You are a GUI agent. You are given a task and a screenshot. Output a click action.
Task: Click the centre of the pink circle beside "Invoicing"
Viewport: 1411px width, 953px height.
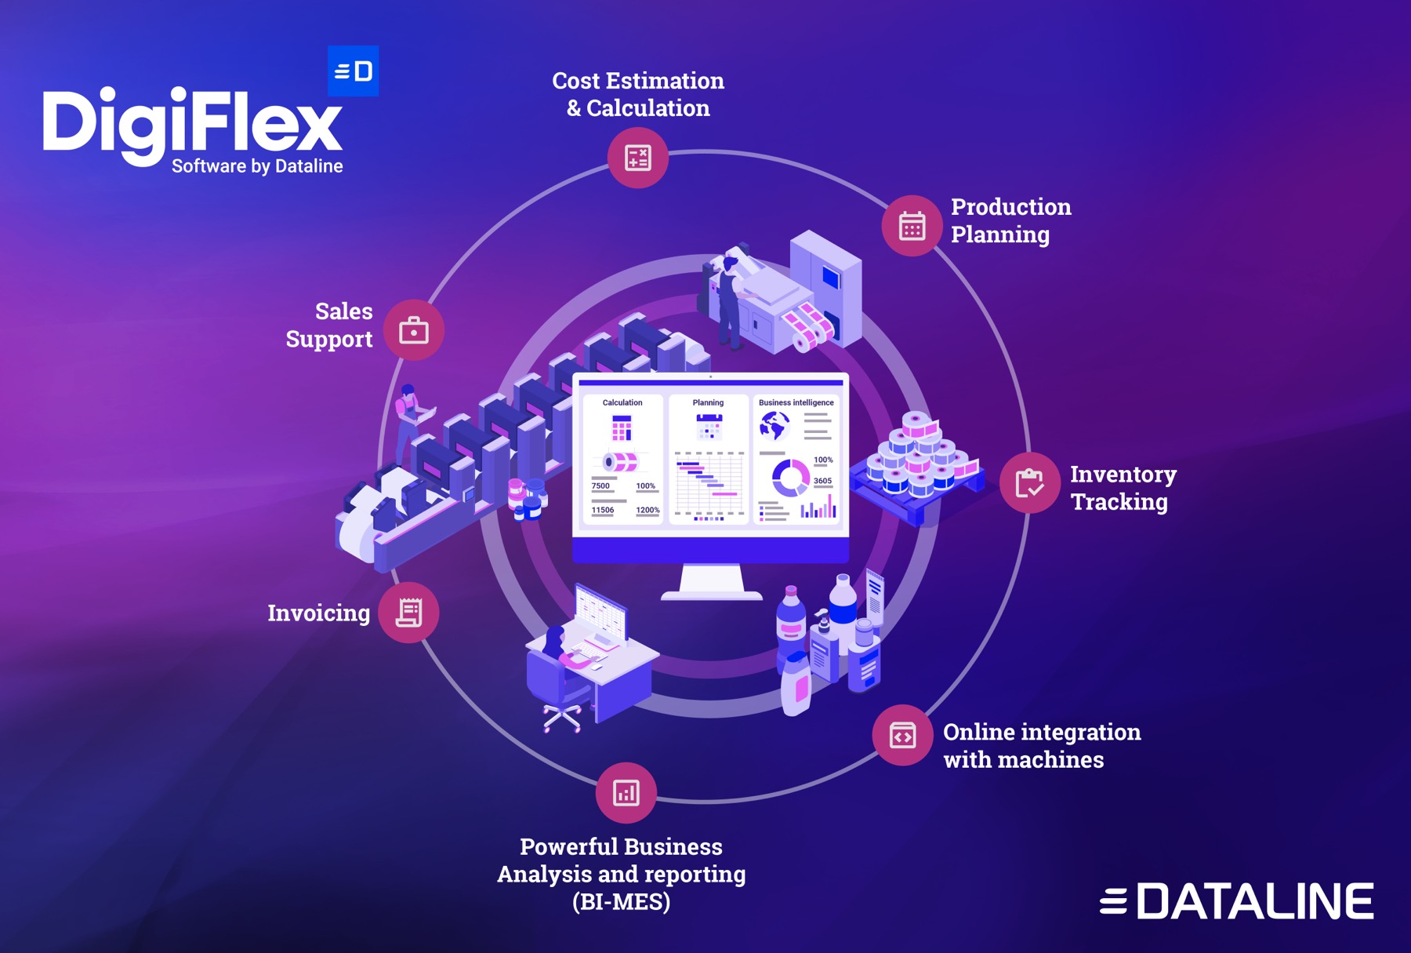click(x=408, y=613)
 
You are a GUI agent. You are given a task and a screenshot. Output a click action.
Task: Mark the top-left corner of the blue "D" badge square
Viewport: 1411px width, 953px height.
click(x=328, y=45)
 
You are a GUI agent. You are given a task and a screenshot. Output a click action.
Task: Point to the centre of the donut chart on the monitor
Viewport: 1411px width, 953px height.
click(x=790, y=478)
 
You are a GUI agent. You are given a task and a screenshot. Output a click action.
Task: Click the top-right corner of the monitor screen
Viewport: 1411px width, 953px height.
click(x=849, y=373)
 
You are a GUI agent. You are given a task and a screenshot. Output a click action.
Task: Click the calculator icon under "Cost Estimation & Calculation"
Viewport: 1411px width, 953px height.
click(x=638, y=158)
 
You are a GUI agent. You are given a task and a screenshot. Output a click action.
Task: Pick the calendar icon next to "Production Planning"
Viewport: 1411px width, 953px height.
click(x=912, y=226)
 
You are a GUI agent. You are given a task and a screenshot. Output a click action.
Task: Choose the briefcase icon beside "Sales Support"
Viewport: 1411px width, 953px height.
click(x=414, y=330)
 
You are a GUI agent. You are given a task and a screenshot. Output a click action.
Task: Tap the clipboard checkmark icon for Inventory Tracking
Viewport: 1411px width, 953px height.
click(x=1029, y=482)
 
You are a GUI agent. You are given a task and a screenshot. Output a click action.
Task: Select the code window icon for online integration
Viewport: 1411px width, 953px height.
click(x=902, y=736)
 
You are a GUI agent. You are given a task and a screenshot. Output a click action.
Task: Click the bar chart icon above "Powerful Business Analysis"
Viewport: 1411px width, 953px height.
click(x=626, y=792)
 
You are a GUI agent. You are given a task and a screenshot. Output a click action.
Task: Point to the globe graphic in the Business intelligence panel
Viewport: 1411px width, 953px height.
click(x=774, y=427)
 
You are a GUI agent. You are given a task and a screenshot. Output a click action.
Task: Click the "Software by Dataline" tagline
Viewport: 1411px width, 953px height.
click(x=257, y=166)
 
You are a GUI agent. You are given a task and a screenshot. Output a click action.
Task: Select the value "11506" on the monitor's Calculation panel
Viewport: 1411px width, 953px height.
click(x=602, y=510)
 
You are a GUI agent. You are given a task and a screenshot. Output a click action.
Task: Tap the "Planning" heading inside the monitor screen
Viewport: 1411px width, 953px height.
click(x=708, y=402)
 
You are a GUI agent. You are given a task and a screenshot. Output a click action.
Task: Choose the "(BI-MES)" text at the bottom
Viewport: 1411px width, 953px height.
click(x=622, y=902)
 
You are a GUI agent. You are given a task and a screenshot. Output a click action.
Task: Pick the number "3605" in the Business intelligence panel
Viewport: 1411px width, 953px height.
click(x=822, y=481)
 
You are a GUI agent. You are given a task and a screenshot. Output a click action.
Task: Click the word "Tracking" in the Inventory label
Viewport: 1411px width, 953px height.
click(x=1119, y=502)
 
